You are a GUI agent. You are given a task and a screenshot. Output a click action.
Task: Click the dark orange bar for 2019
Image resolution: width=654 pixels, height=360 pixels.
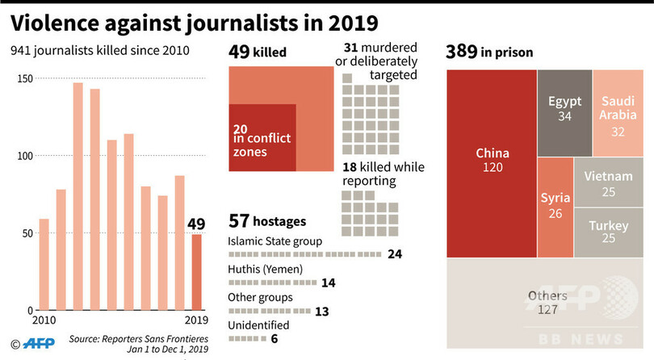point(196,273)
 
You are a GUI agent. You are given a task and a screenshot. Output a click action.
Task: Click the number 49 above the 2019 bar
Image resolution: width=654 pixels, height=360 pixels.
point(197,224)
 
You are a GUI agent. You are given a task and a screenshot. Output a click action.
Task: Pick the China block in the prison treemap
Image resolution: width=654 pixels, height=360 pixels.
point(492,161)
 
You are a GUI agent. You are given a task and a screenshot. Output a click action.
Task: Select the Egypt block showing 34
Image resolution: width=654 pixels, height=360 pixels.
point(564,108)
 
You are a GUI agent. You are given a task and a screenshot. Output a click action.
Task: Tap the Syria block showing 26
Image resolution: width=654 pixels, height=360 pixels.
point(555,205)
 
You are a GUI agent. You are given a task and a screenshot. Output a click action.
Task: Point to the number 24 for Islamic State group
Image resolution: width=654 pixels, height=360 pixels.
point(395,254)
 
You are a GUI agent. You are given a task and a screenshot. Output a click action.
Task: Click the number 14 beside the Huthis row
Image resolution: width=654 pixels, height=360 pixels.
point(328,283)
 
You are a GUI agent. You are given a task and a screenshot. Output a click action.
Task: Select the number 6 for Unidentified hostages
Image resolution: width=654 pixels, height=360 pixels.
point(275,338)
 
